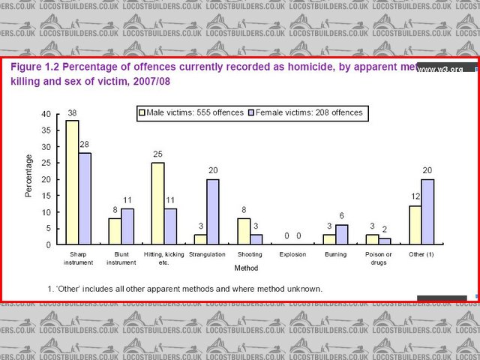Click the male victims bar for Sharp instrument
(x=72, y=182)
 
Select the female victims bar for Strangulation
(x=213, y=211)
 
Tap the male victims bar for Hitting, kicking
(x=157, y=203)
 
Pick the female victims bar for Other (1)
(x=427, y=211)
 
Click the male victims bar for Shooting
(x=244, y=231)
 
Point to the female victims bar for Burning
(x=342, y=235)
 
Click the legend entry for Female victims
(x=306, y=112)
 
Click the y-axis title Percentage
(x=29, y=175)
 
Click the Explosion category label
(x=292, y=254)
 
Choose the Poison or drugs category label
(x=379, y=258)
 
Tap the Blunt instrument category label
(x=121, y=258)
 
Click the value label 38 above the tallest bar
(x=72, y=113)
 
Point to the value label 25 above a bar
(x=157, y=155)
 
